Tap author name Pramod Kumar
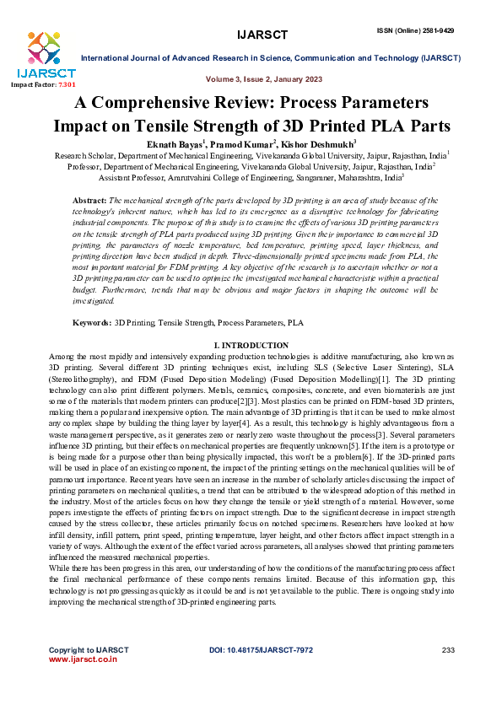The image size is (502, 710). point(259,145)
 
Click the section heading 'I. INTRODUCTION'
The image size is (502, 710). point(251,345)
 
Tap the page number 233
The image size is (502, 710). point(448,649)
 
